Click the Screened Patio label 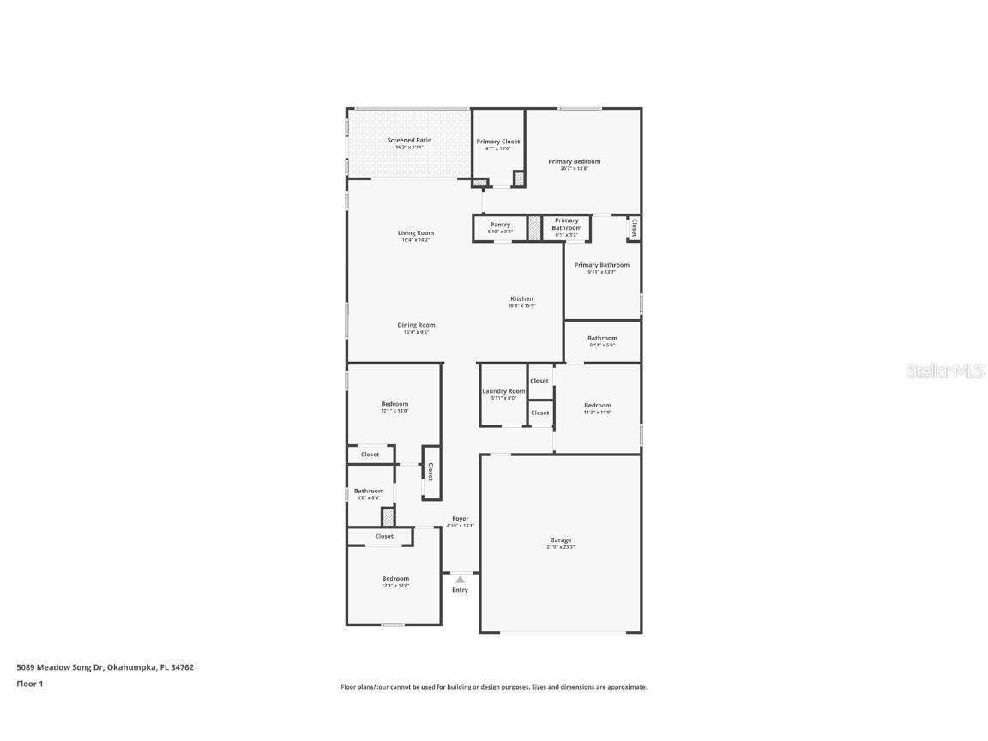pyautogui.click(x=409, y=141)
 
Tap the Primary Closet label pyautogui.click(x=498, y=142)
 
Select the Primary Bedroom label pyautogui.click(x=575, y=162)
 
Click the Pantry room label pyautogui.click(x=500, y=226)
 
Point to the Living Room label pyautogui.click(x=416, y=233)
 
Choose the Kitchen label pyautogui.click(x=521, y=299)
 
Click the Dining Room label pyautogui.click(x=416, y=326)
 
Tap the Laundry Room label pyautogui.click(x=503, y=391)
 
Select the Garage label pyautogui.click(x=561, y=540)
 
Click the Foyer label pyautogui.click(x=461, y=519)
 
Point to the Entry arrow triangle pyautogui.click(x=460, y=580)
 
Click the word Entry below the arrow pyautogui.click(x=461, y=590)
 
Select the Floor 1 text pyautogui.click(x=29, y=684)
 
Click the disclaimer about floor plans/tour pyautogui.click(x=494, y=687)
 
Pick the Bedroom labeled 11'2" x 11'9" pyautogui.click(x=598, y=406)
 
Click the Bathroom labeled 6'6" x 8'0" pyautogui.click(x=370, y=491)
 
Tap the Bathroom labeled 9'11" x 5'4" pyautogui.click(x=602, y=339)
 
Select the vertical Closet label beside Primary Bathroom pyautogui.click(x=634, y=228)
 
